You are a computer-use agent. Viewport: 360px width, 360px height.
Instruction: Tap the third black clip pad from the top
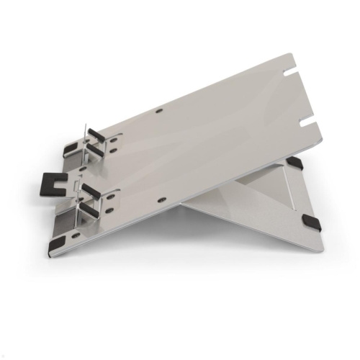click(92, 190)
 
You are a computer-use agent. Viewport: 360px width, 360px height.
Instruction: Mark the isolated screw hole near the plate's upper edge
click(159, 112)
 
